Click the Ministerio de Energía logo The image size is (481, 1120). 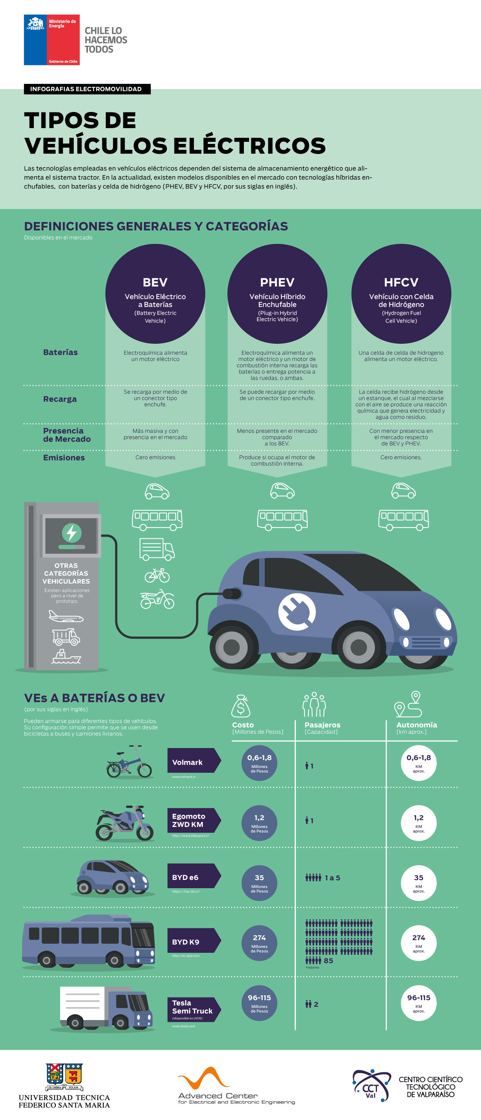(51, 40)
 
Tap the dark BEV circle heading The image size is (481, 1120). (155, 293)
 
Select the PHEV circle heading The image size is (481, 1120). (277, 293)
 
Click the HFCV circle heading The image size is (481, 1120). (401, 293)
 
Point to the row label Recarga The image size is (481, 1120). (60, 399)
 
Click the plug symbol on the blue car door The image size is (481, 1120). (297, 612)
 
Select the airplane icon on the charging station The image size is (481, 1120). (66, 616)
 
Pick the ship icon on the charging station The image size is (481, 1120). (66, 657)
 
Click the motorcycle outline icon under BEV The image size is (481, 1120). (157, 599)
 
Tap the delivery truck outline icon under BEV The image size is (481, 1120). (157, 549)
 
